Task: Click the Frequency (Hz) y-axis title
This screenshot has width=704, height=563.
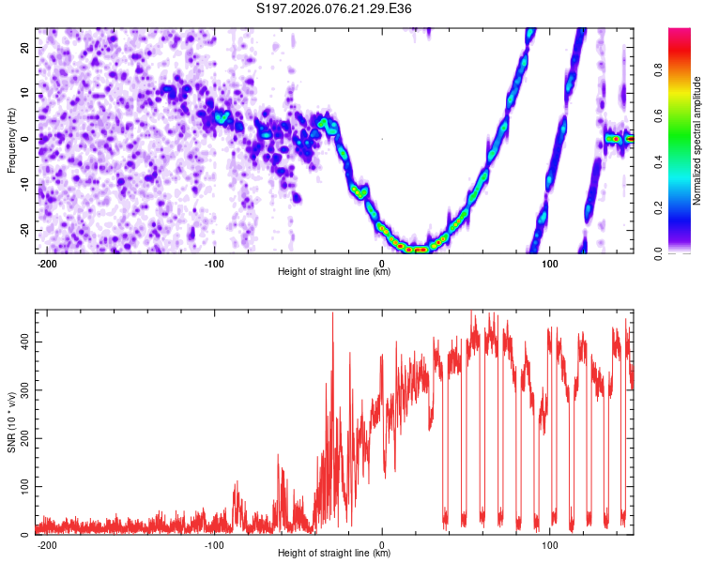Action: coord(11,140)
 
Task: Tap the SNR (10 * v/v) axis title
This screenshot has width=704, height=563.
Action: coord(11,422)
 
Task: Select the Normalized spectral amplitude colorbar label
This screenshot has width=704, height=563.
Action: coord(697,141)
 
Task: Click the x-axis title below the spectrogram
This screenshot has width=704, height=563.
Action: coord(335,272)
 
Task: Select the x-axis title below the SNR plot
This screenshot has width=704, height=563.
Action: coord(335,554)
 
